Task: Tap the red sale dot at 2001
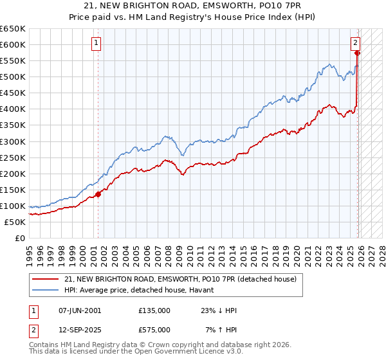[x=98, y=194]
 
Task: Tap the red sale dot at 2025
[x=357, y=53]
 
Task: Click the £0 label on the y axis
[x=20, y=238]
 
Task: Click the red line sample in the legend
[x=46, y=279]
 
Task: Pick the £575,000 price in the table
[x=154, y=329]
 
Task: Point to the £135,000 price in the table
[x=154, y=310]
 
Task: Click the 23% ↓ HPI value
[x=219, y=310]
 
